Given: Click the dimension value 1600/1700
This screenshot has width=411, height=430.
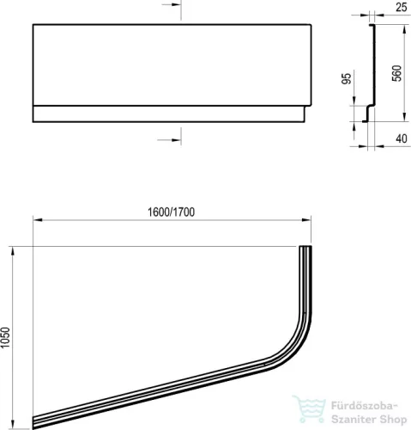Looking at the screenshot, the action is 171,212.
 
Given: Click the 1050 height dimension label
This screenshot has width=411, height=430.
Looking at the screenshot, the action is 5,337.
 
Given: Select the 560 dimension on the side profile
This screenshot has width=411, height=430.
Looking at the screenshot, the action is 397,73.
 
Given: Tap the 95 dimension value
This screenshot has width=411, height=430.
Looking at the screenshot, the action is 347,79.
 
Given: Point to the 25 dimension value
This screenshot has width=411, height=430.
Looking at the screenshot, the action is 402,7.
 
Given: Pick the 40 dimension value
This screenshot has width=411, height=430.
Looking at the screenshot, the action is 402,138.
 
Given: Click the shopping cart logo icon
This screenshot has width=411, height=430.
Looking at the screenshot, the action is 310,409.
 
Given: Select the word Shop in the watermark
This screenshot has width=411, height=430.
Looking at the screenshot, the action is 393,420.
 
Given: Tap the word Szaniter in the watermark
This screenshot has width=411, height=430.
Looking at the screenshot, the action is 354,419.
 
